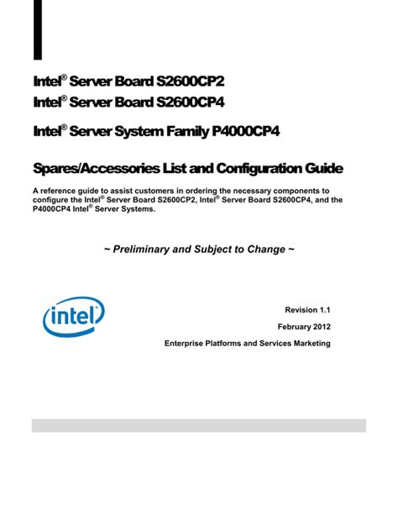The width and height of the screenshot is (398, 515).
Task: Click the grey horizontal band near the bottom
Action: pos(199,425)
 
